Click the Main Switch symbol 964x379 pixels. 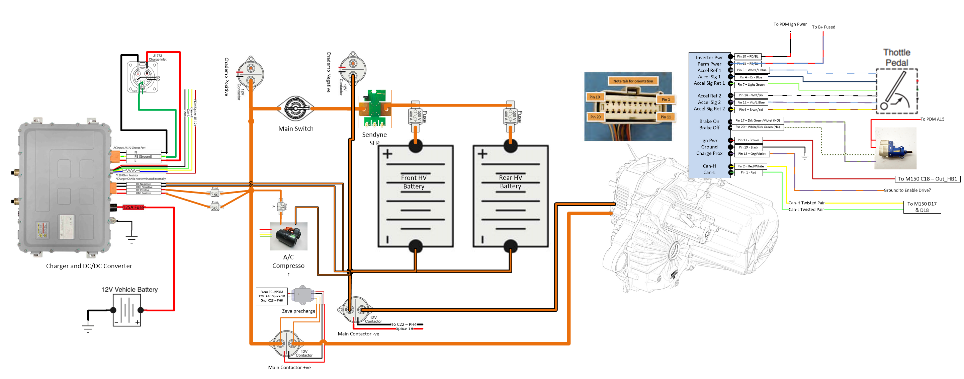coord(296,108)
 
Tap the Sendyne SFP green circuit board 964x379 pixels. coord(375,108)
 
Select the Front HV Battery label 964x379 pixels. coord(414,182)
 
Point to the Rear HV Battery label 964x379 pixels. coord(510,182)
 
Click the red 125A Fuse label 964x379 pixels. coord(133,207)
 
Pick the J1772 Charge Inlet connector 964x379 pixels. coord(143,77)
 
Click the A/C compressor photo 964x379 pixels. coord(288,236)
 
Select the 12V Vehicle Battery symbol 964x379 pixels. coord(127,310)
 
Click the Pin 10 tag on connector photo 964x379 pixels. coord(594,97)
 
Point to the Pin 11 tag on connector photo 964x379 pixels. coord(666,117)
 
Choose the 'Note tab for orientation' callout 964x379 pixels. coord(633,81)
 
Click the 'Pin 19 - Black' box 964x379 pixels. coord(748,147)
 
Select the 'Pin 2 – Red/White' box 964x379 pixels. coord(750,166)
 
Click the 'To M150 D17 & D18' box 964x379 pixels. coord(922,207)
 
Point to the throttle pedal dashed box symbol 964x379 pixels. coord(897,91)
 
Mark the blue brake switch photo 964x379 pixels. coord(895,148)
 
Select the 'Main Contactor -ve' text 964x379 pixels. coord(358,334)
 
